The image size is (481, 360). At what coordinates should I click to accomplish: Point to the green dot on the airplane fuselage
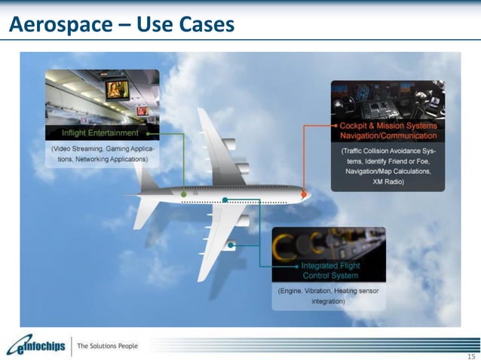[183, 194]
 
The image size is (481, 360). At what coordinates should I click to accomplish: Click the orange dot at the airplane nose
[304, 194]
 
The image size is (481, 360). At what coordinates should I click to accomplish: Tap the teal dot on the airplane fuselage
[225, 200]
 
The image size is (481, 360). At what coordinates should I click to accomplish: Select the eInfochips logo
[34, 346]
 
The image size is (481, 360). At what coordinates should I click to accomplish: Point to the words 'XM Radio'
[388, 182]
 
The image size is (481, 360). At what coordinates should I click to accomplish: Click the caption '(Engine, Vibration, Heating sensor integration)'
[329, 295]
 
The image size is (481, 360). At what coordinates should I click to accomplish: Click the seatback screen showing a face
[117, 90]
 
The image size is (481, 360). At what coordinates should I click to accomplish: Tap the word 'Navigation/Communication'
[388, 136]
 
